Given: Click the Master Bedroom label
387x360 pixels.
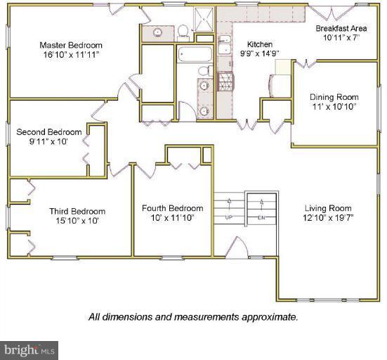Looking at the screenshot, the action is pyautogui.click(x=71, y=45).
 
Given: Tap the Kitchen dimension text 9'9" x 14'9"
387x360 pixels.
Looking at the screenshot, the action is pyautogui.click(x=260, y=53).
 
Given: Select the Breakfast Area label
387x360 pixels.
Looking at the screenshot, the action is pyautogui.click(x=341, y=28).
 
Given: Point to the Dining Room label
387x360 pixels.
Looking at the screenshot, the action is pyautogui.click(x=334, y=97).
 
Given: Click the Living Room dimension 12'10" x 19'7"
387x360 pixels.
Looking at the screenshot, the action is pyautogui.click(x=328, y=218).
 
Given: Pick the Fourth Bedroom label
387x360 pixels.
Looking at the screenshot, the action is pyautogui.click(x=173, y=208).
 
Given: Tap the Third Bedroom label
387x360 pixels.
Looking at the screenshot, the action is pyautogui.click(x=77, y=211).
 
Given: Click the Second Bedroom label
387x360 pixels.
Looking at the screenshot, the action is pyautogui.click(x=49, y=132).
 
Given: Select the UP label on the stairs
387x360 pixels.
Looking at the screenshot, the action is pyautogui.click(x=229, y=218).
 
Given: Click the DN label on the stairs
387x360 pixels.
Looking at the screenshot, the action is pyautogui.click(x=261, y=218).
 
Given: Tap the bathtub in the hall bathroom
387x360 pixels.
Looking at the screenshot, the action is pyautogui.click(x=195, y=54).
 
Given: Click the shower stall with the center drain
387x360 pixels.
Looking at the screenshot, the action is pyautogui.click(x=204, y=19).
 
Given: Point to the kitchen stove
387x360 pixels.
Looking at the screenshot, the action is pyautogui.click(x=225, y=82).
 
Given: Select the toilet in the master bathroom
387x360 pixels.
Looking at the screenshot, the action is pyautogui.click(x=183, y=32).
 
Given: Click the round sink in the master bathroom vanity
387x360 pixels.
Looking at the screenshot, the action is pyautogui.click(x=157, y=32).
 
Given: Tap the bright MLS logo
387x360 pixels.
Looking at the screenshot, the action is pyautogui.click(x=29, y=350).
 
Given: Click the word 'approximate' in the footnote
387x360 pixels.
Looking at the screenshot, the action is pyautogui.click(x=270, y=317).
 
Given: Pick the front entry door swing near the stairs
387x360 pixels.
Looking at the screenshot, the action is pyautogui.click(x=237, y=247).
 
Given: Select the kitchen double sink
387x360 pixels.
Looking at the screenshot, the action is pyautogui.click(x=225, y=44).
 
